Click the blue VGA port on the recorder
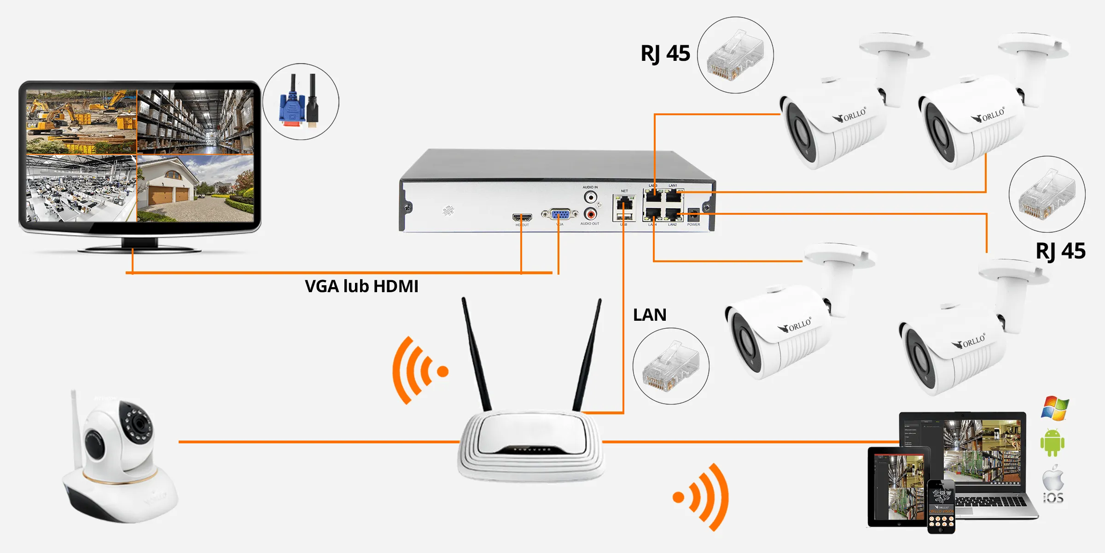tap(560, 214)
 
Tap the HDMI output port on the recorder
tap(522, 217)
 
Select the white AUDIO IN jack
tap(590, 197)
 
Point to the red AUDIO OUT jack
tap(590, 214)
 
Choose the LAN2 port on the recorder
tap(673, 214)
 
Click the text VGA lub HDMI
tap(361, 286)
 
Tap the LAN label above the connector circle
tap(650, 315)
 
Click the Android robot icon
tap(1052, 442)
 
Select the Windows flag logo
tap(1055, 408)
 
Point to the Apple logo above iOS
tap(1053, 478)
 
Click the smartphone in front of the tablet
tap(941, 506)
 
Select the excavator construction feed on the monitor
tap(81, 122)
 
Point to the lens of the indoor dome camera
tap(139, 423)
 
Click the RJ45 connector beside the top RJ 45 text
tap(735, 55)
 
